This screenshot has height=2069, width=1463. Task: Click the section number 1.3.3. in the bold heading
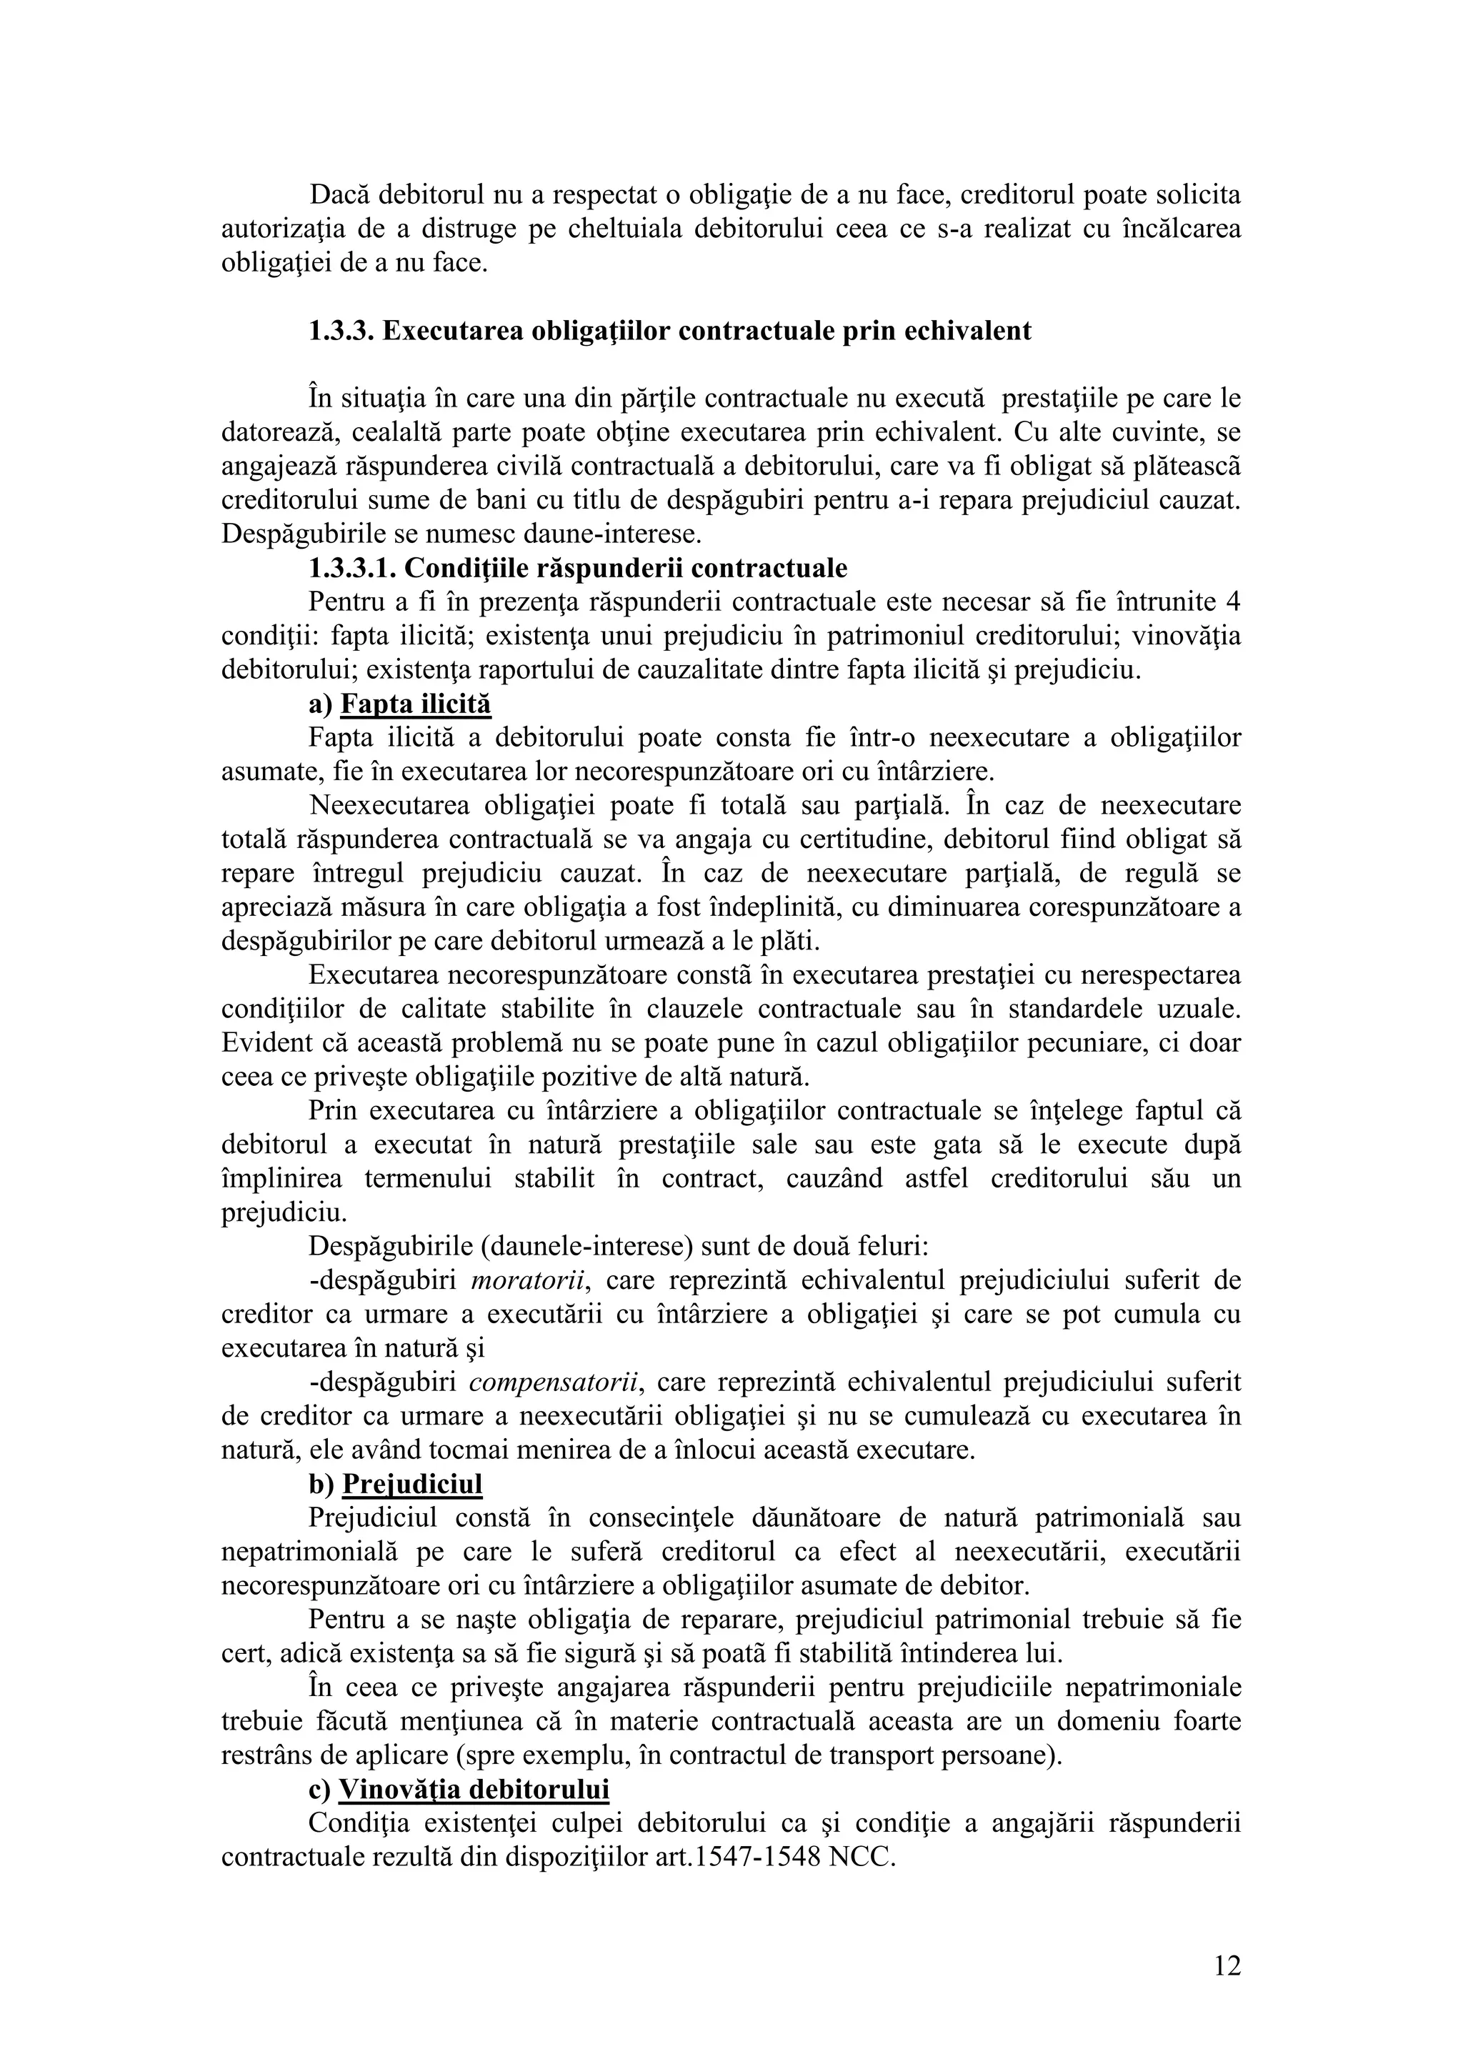pos(341,331)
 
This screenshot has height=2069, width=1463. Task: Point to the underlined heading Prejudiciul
pos(413,1484)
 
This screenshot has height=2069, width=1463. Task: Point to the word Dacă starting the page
pos(339,194)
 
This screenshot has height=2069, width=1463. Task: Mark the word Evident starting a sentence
pos(266,1042)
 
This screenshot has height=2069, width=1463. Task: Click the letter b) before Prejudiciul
pos(321,1484)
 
